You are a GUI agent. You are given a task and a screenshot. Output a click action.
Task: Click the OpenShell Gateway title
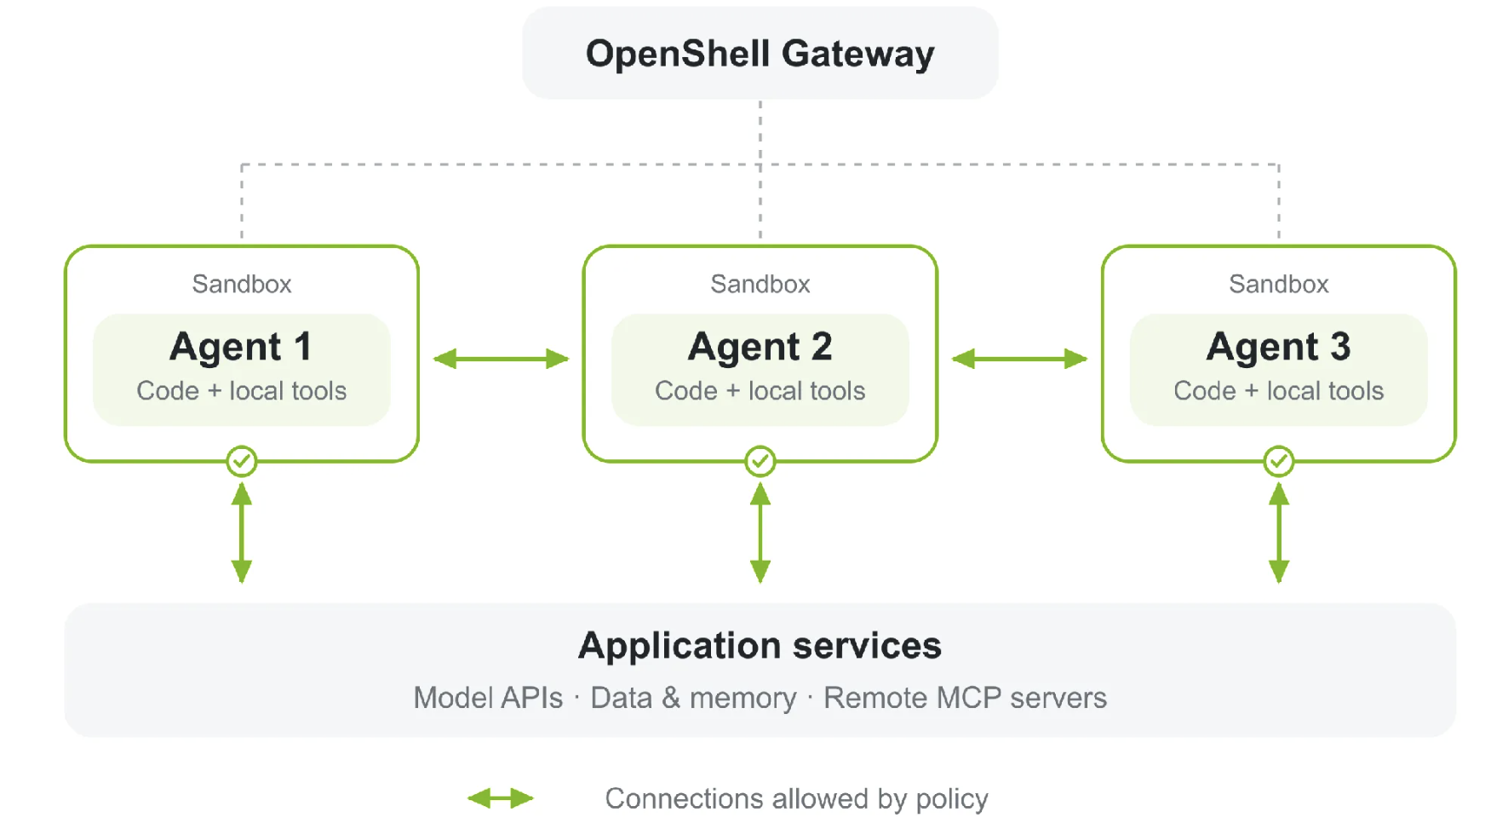tap(760, 55)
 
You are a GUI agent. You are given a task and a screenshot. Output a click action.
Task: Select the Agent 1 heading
tap(241, 347)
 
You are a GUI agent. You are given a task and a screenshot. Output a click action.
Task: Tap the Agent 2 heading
tap(760, 347)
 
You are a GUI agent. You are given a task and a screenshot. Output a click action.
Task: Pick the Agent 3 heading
tap(1278, 347)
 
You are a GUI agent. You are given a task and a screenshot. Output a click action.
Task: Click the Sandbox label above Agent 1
tap(242, 284)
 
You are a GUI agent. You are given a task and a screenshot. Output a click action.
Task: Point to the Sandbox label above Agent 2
tap(760, 284)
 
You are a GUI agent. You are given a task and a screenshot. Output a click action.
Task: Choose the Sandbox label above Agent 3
tap(1279, 284)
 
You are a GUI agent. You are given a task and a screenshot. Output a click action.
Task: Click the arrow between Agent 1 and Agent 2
tap(501, 359)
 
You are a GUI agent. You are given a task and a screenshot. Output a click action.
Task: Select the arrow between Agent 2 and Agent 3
tap(1019, 359)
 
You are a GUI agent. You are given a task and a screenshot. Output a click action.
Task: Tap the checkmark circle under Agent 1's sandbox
tap(242, 461)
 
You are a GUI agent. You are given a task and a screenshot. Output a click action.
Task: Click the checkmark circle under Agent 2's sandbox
tap(760, 461)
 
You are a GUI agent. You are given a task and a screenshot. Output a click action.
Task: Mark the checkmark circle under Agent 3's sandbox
tap(1279, 461)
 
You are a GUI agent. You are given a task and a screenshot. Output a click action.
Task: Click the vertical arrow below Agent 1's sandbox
tap(242, 533)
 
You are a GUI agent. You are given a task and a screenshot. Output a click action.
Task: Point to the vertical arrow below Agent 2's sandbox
tap(760, 533)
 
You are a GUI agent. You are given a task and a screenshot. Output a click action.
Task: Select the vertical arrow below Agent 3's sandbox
tap(1279, 533)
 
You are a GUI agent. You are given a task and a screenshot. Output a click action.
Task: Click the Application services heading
tap(760, 646)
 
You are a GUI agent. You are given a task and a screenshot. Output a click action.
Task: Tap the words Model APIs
tap(488, 698)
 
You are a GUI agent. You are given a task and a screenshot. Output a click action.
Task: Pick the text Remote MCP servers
tap(965, 698)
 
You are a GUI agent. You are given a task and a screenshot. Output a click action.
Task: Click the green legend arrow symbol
tap(501, 798)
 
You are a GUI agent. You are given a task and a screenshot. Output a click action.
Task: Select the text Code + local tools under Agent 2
tap(760, 391)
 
